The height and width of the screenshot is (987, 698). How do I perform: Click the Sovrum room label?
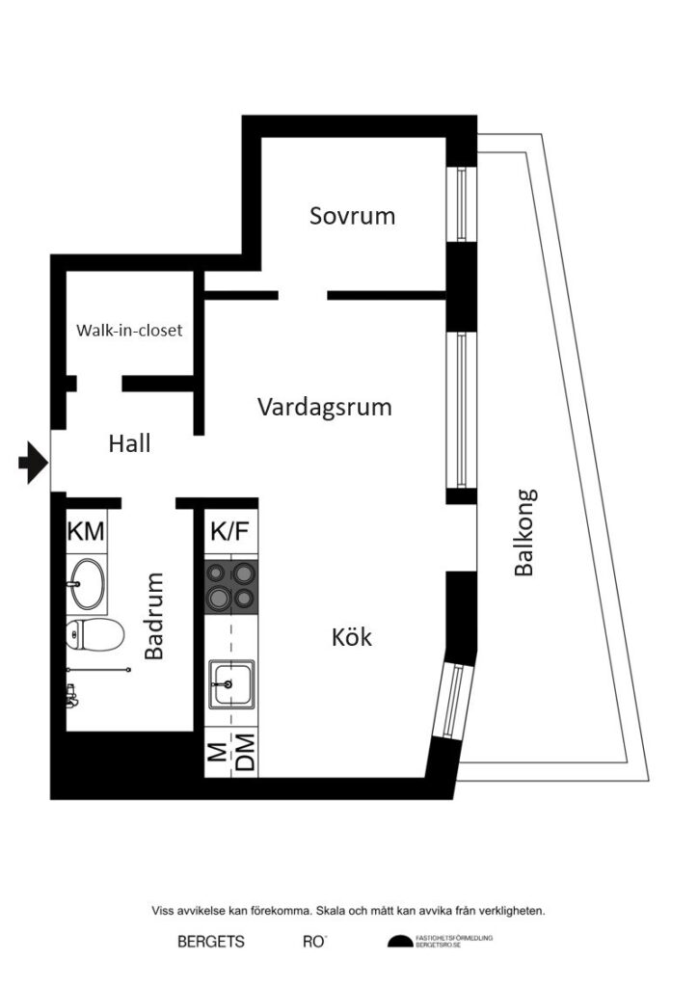click(x=352, y=215)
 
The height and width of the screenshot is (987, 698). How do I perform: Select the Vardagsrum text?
click(x=325, y=407)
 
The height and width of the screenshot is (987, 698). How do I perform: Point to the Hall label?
click(x=130, y=443)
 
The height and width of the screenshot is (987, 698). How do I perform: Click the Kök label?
click(x=351, y=637)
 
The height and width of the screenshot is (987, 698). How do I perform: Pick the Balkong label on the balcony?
click(x=523, y=533)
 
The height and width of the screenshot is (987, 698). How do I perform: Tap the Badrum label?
click(x=154, y=616)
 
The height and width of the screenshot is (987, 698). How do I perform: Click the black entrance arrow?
click(x=33, y=464)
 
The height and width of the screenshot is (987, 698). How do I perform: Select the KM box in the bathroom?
click(x=86, y=532)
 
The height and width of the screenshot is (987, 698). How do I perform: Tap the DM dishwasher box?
click(x=244, y=754)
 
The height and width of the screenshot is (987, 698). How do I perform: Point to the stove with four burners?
click(x=231, y=585)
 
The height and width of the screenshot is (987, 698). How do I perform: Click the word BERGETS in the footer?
click(x=210, y=942)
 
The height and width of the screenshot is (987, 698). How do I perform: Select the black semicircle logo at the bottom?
click(x=399, y=942)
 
